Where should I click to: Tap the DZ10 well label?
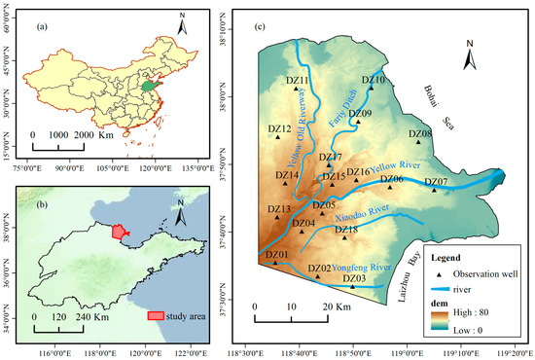[x=374, y=80]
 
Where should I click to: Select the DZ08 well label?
[x=420, y=133]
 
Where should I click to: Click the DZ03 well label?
[x=354, y=279]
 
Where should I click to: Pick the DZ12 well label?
[x=279, y=128]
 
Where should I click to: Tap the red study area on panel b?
[x=120, y=232]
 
